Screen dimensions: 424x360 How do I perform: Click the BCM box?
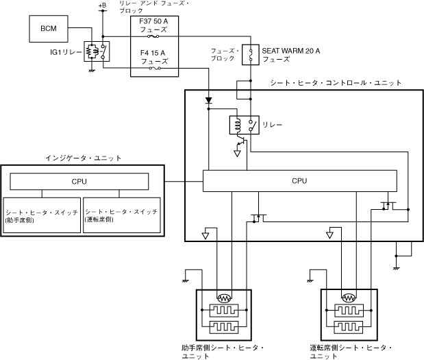pyautogui.click(x=49, y=29)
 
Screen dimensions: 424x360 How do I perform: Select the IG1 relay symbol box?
pyautogui.click(x=97, y=51)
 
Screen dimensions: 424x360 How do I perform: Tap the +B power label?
pyautogui.click(x=102, y=5)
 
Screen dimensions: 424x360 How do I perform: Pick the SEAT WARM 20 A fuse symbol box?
pyautogui.click(x=251, y=55)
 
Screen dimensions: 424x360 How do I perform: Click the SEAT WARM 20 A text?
pyautogui.click(x=290, y=51)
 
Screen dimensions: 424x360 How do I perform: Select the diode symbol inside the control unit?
pyautogui.click(x=208, y=101)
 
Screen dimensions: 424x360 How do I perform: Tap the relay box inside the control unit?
pyautogui.click(x=244, y=125)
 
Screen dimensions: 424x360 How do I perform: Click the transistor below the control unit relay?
pyautogui.click(x=242, y=141)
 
